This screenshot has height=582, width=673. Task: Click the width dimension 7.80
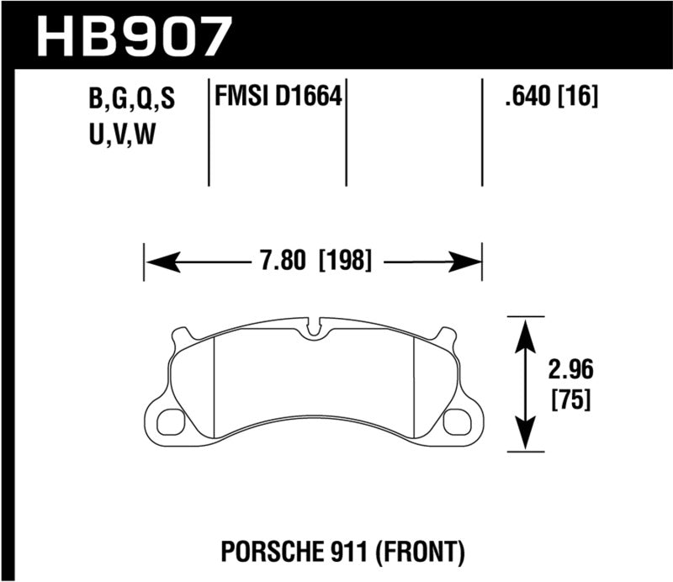coord(278,261)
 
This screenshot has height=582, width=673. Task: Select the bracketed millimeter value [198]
coord(345,261)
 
